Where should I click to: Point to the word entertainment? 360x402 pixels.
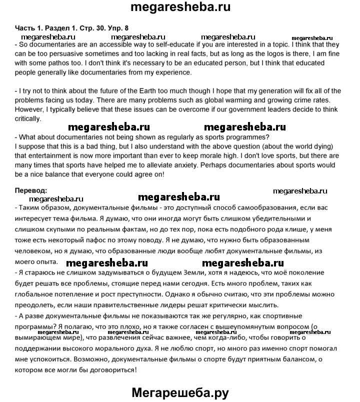[47, 155]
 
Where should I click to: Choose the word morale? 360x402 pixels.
[216, 155]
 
